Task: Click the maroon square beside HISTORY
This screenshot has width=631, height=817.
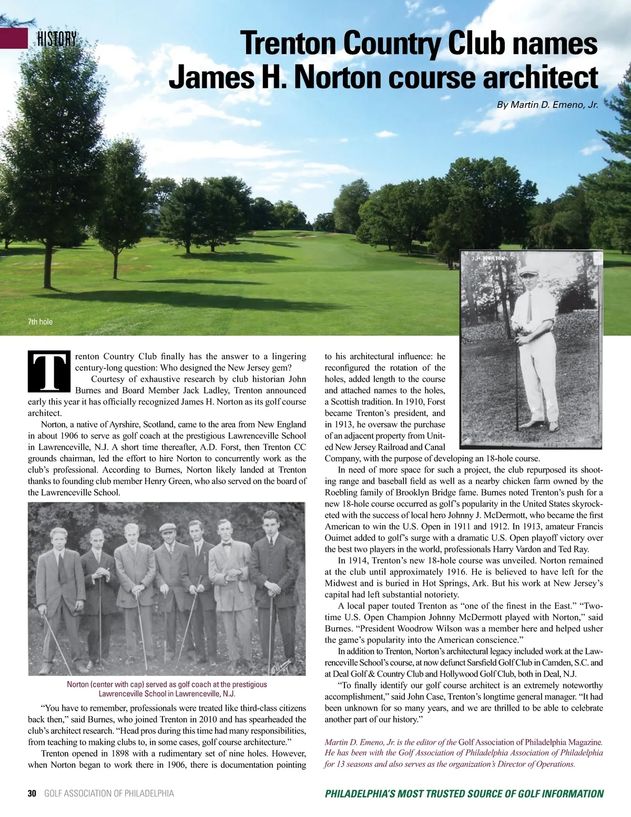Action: pyautogui.click(x=14, y=38)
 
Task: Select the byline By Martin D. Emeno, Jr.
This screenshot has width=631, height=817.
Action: pyautogui.click(x=547, y=105)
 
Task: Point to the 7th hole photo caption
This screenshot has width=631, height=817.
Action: pyautogui.click(x=40, y=321)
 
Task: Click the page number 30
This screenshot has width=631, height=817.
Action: pyautogui.click(x=32, y=793)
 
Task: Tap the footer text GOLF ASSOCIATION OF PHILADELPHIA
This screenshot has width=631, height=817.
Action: pyautogui.click(x=109, y=793)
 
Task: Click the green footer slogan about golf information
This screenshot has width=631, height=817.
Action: pyautogui.click(x=464, y=793)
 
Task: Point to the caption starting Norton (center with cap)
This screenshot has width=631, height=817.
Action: pyautogui.click(x=167, y=689)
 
